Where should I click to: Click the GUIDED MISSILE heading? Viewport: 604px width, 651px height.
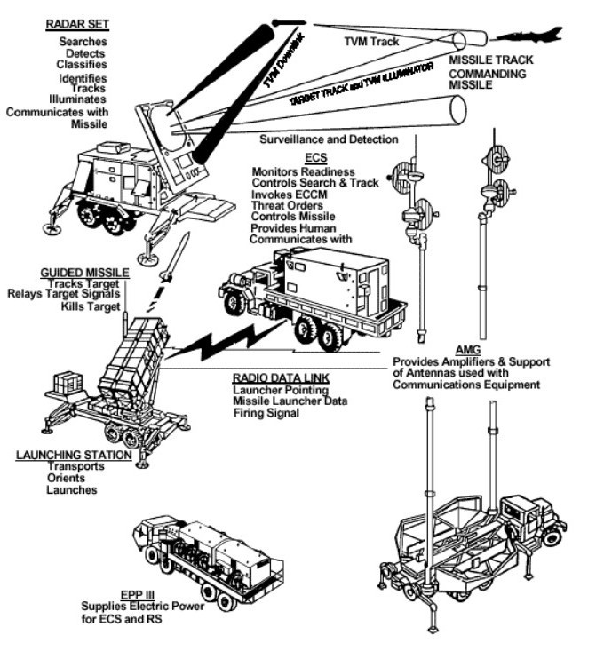pos(85,271)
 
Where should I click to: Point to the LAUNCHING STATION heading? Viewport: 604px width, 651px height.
pos(74,455)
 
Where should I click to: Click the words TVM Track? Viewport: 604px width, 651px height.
pos(371,42)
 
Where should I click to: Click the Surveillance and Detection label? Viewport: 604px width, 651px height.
pos(326,139)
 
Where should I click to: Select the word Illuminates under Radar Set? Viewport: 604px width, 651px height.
pos(83,100)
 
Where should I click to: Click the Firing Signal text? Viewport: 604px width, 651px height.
pos(265,412)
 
